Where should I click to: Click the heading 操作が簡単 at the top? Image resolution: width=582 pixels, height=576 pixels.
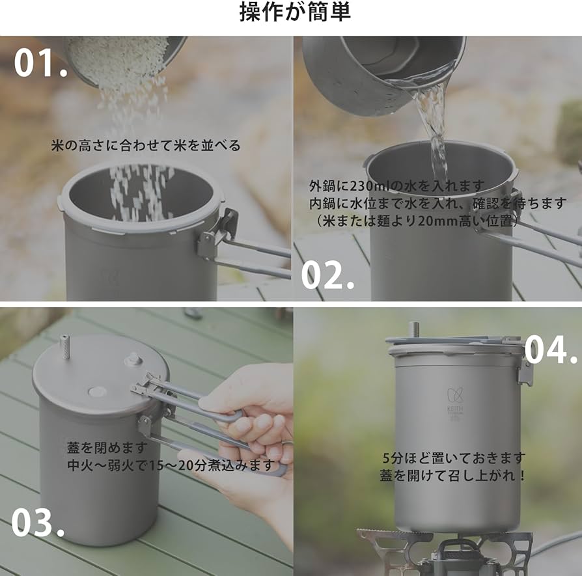(294, 13)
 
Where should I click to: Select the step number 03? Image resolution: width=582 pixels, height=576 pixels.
(37, 522)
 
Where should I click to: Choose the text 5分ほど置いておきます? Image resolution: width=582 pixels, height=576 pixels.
(454, 458)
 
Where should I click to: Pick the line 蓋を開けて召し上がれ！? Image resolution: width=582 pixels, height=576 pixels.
(454, 475)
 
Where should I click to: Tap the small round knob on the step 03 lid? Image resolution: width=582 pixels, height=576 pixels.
(133, 359)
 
